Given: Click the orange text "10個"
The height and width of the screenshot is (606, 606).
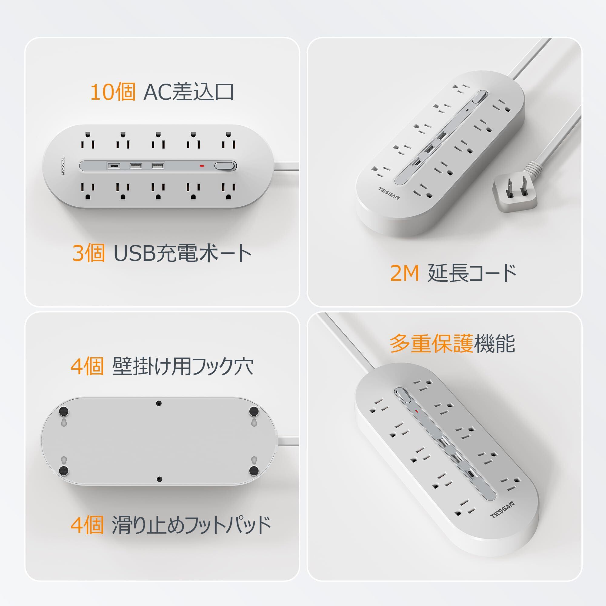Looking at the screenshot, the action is (113, 92).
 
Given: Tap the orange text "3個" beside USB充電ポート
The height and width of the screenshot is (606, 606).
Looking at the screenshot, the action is (88, 253).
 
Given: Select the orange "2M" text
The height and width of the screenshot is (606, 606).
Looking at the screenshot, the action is (405, 273).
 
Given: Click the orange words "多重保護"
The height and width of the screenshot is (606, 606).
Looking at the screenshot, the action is (431, 344).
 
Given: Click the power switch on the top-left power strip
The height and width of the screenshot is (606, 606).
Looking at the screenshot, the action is (225, 166).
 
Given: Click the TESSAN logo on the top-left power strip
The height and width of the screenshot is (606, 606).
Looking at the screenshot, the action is (63, 166).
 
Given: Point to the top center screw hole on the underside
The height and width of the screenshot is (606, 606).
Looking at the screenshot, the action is (159, 403).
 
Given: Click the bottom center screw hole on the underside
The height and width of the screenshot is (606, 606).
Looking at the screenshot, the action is (159, 479).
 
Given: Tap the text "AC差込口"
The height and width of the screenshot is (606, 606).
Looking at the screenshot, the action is (188, 92).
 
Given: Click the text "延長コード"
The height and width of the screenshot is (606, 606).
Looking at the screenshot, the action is (472, 273).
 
